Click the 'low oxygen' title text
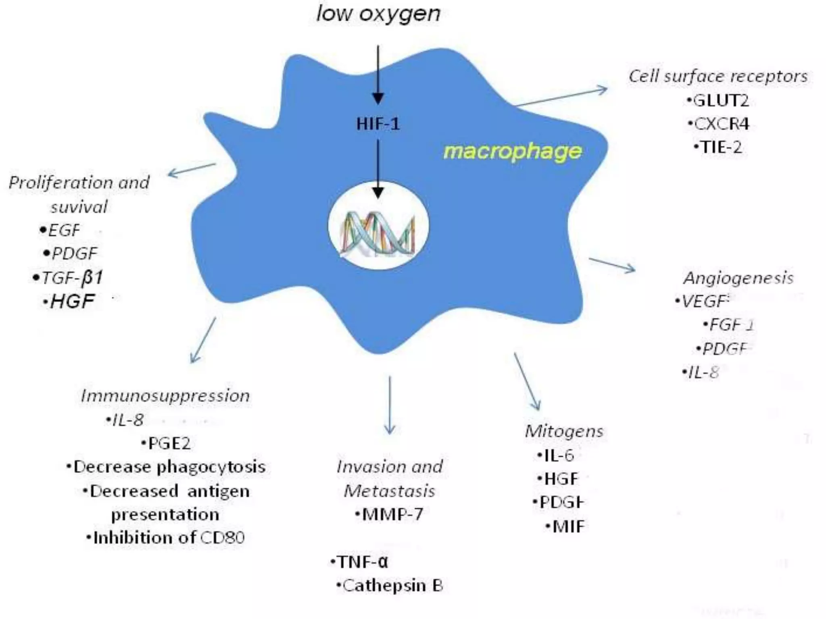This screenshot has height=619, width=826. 378,15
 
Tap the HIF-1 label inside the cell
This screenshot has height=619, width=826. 378,124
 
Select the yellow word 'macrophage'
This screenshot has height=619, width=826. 512,152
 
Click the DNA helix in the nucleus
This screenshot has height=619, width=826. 378,234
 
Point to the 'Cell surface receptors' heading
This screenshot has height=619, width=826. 718,76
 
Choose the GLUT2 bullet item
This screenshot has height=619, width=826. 720,101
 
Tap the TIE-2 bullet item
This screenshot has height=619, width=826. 720,147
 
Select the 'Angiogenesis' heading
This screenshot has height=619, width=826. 738,278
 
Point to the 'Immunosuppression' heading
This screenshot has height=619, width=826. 165,396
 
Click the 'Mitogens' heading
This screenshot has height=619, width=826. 564,431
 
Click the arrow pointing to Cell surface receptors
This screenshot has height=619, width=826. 561,97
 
